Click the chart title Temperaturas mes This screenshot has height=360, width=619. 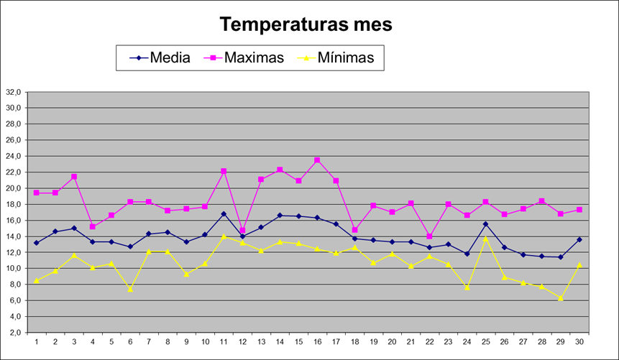tap(306, 24)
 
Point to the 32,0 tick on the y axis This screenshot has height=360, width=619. tap(14, 92)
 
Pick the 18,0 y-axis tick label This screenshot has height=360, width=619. tap(14, 204)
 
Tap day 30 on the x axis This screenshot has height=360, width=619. tap(579, 341)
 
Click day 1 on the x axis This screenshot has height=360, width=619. tap(36, 341)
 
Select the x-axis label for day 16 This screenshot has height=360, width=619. tap(317, 341)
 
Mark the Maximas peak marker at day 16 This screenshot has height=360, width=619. tap(317, 160)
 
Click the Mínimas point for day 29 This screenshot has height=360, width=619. tap(561, 298)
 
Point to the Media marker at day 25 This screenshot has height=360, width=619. tap(486, 224)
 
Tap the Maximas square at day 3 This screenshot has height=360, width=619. tap(74, 177)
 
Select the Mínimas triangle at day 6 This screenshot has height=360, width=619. tap(130, 289)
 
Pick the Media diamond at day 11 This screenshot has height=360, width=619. tap(224, 213)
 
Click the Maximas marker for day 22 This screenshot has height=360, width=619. tap(429, 236)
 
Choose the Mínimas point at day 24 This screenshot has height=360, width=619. tap(467, 287)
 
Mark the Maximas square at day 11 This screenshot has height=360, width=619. tap(224, 171)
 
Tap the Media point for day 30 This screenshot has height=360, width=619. tap(579, 239)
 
